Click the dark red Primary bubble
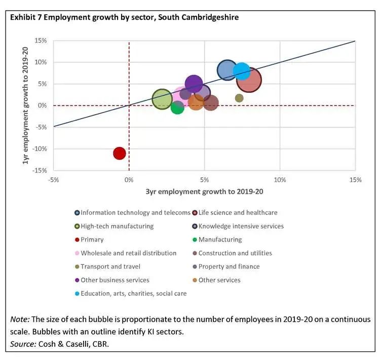pyautogui.click(x=119, y=153)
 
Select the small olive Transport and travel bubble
pyautogui.click(x=239, y=98)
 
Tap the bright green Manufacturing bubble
pyautogui.click(x=177, y=107)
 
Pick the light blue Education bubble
pyautogui.click(x=242, y=71)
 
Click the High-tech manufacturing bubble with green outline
pyautogui.click(x=162, y=99)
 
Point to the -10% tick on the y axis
pyautogui.click(x=41, y=149)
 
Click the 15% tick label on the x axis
pyautogui.click(x=355, y=180)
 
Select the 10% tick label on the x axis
pyautogui.click(x=280, y=180)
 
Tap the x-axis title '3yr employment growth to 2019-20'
pyautogui.click(x=204, y=192)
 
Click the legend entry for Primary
pyautogui.click(x=92, y=240)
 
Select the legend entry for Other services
pyautogui.click(x=219, y=280)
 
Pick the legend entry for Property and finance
pyautogui.click(x=229, y=267)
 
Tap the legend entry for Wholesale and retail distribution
pyautogui.click(x=129, y=253)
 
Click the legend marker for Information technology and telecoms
pyautogui.click(x=77, y=213)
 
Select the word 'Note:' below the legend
pyautogui.click(x=20, y=319)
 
